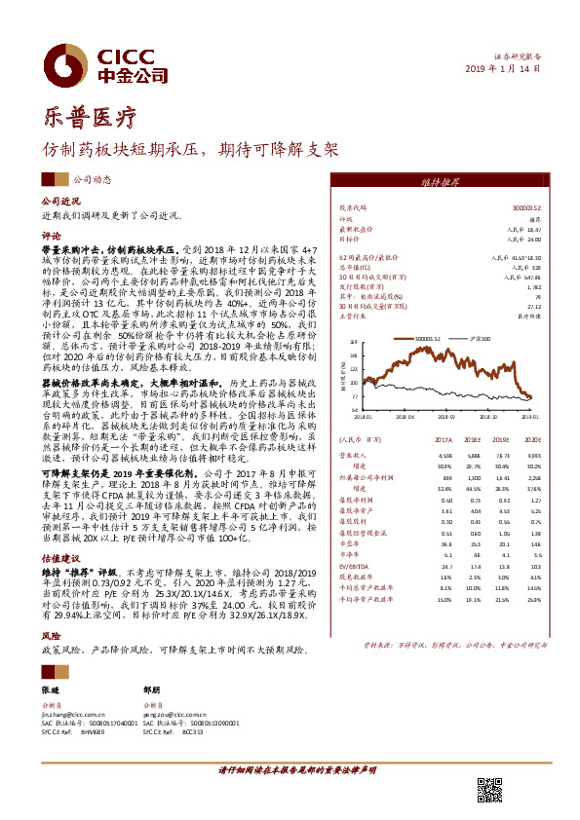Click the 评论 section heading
(51, 236)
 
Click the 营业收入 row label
(353, 454)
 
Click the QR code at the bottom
(486, 790)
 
